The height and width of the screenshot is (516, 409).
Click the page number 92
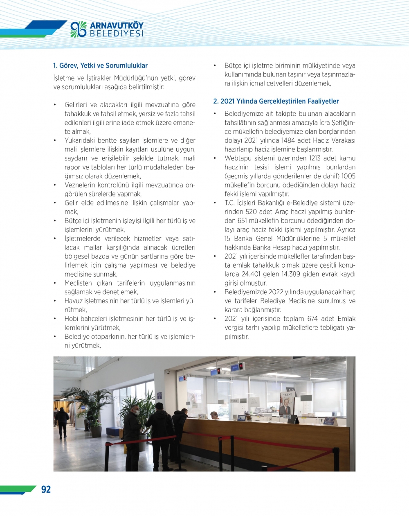tap(46, 489)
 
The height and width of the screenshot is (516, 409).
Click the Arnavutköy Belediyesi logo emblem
tap(78, 29)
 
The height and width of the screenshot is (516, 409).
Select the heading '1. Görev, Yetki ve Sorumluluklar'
tap(100, 65)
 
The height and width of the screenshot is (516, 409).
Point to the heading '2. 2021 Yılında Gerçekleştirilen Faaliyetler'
tap(276, 101)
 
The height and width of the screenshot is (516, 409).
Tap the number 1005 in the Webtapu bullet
tap(348, 176)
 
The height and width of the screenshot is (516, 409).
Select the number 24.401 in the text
tap(250, 274)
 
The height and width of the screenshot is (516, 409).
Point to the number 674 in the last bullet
tap(312, 319)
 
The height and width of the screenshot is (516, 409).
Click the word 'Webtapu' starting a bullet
tap(237, 158)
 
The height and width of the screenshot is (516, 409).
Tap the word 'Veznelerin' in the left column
tap(79, 185)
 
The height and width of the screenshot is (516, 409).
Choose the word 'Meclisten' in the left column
tap(78, 283)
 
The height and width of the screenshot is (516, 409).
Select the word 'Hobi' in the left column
tap(71, 319)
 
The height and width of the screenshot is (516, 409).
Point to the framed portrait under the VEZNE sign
tap(285, 404)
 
